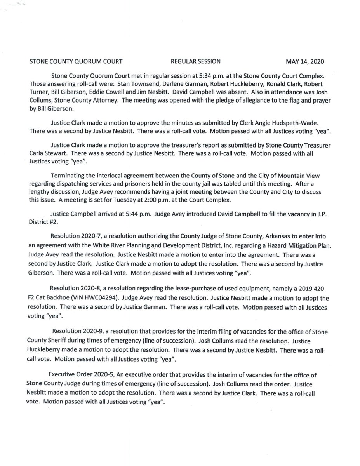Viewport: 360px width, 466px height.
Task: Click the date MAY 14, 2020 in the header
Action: (x=305, y=61)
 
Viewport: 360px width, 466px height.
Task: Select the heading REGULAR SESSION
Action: (x=196, y=61)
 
